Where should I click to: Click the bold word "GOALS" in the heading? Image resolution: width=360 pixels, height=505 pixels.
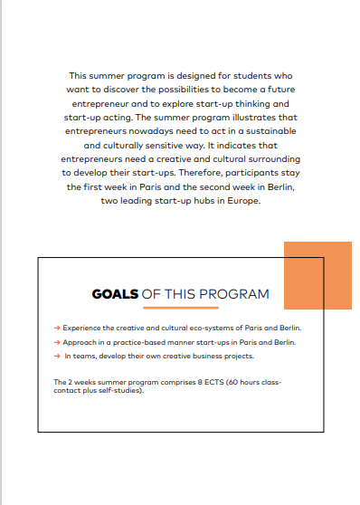pyautogui.click(x=115, y=294)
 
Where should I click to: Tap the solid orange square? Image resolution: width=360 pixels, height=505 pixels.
pyautogui.click(x=317, y=275)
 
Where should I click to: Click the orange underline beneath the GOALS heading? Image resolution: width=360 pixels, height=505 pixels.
pyautogui.click(x=181, y=308)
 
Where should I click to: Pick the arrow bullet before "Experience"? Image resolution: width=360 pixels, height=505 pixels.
pyautogui.click(x=57, y=328)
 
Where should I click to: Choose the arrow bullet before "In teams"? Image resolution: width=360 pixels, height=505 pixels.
pyautogui.click(x=57, y=357)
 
